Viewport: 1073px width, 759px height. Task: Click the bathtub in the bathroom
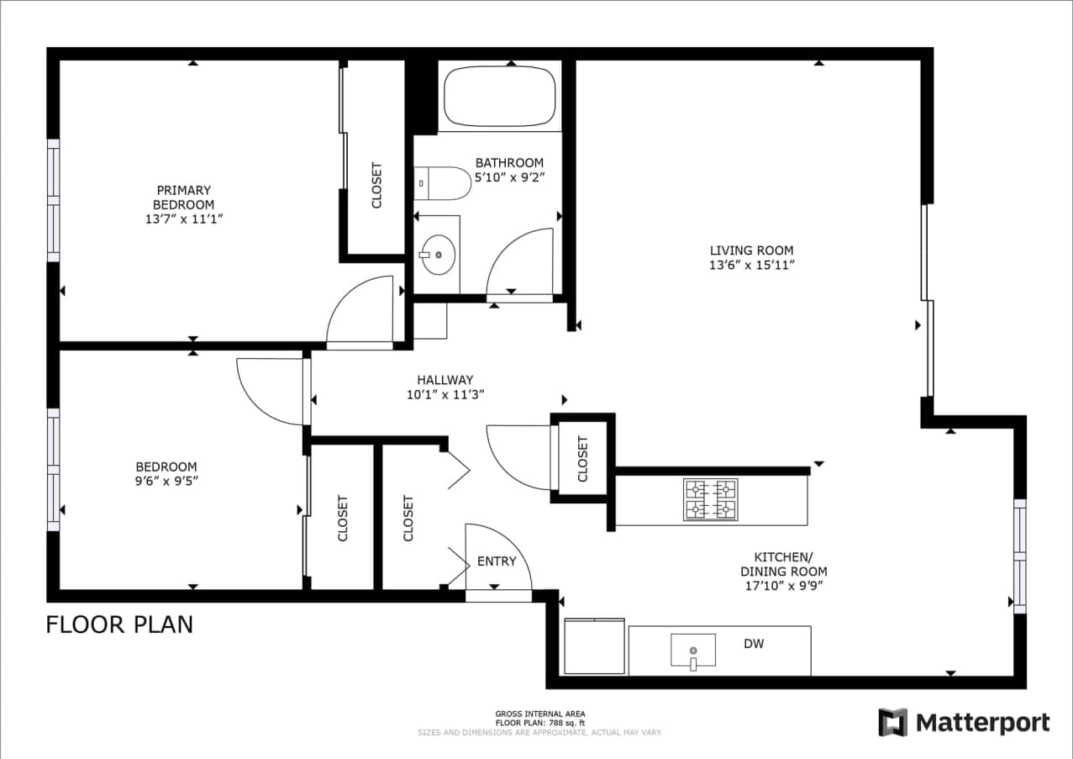499,97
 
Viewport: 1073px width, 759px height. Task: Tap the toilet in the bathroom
443,183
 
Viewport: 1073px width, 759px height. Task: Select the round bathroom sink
438,254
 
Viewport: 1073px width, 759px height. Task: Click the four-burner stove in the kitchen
710,499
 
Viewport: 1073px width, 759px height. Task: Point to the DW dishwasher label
754,644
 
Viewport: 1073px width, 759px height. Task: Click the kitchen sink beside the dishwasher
693,651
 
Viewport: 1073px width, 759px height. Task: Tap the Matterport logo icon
892,722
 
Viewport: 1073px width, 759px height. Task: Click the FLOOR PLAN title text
119,625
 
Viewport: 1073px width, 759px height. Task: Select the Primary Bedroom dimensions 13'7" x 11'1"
183,219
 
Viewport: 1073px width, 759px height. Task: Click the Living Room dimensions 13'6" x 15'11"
751,265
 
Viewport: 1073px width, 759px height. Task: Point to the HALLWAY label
444,379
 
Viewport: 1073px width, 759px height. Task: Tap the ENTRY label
497,561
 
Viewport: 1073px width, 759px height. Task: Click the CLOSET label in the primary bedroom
376,185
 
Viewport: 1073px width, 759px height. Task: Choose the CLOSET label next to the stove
582,460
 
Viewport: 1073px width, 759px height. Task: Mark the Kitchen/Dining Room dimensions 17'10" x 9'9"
783,586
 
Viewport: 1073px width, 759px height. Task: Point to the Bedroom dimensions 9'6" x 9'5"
166,482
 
